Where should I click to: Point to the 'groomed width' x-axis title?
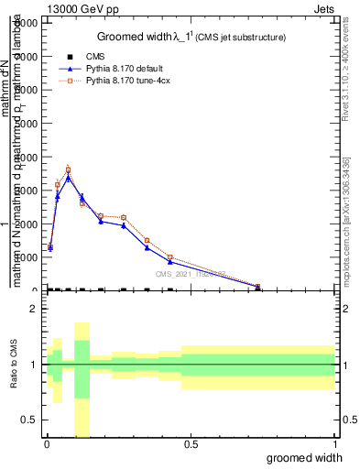[x=305, y=456]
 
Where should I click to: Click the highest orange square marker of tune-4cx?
[x=68, y=169]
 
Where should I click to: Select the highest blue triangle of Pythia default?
[x=68, y=178]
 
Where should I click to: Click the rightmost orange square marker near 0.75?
[x=258, y=289]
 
